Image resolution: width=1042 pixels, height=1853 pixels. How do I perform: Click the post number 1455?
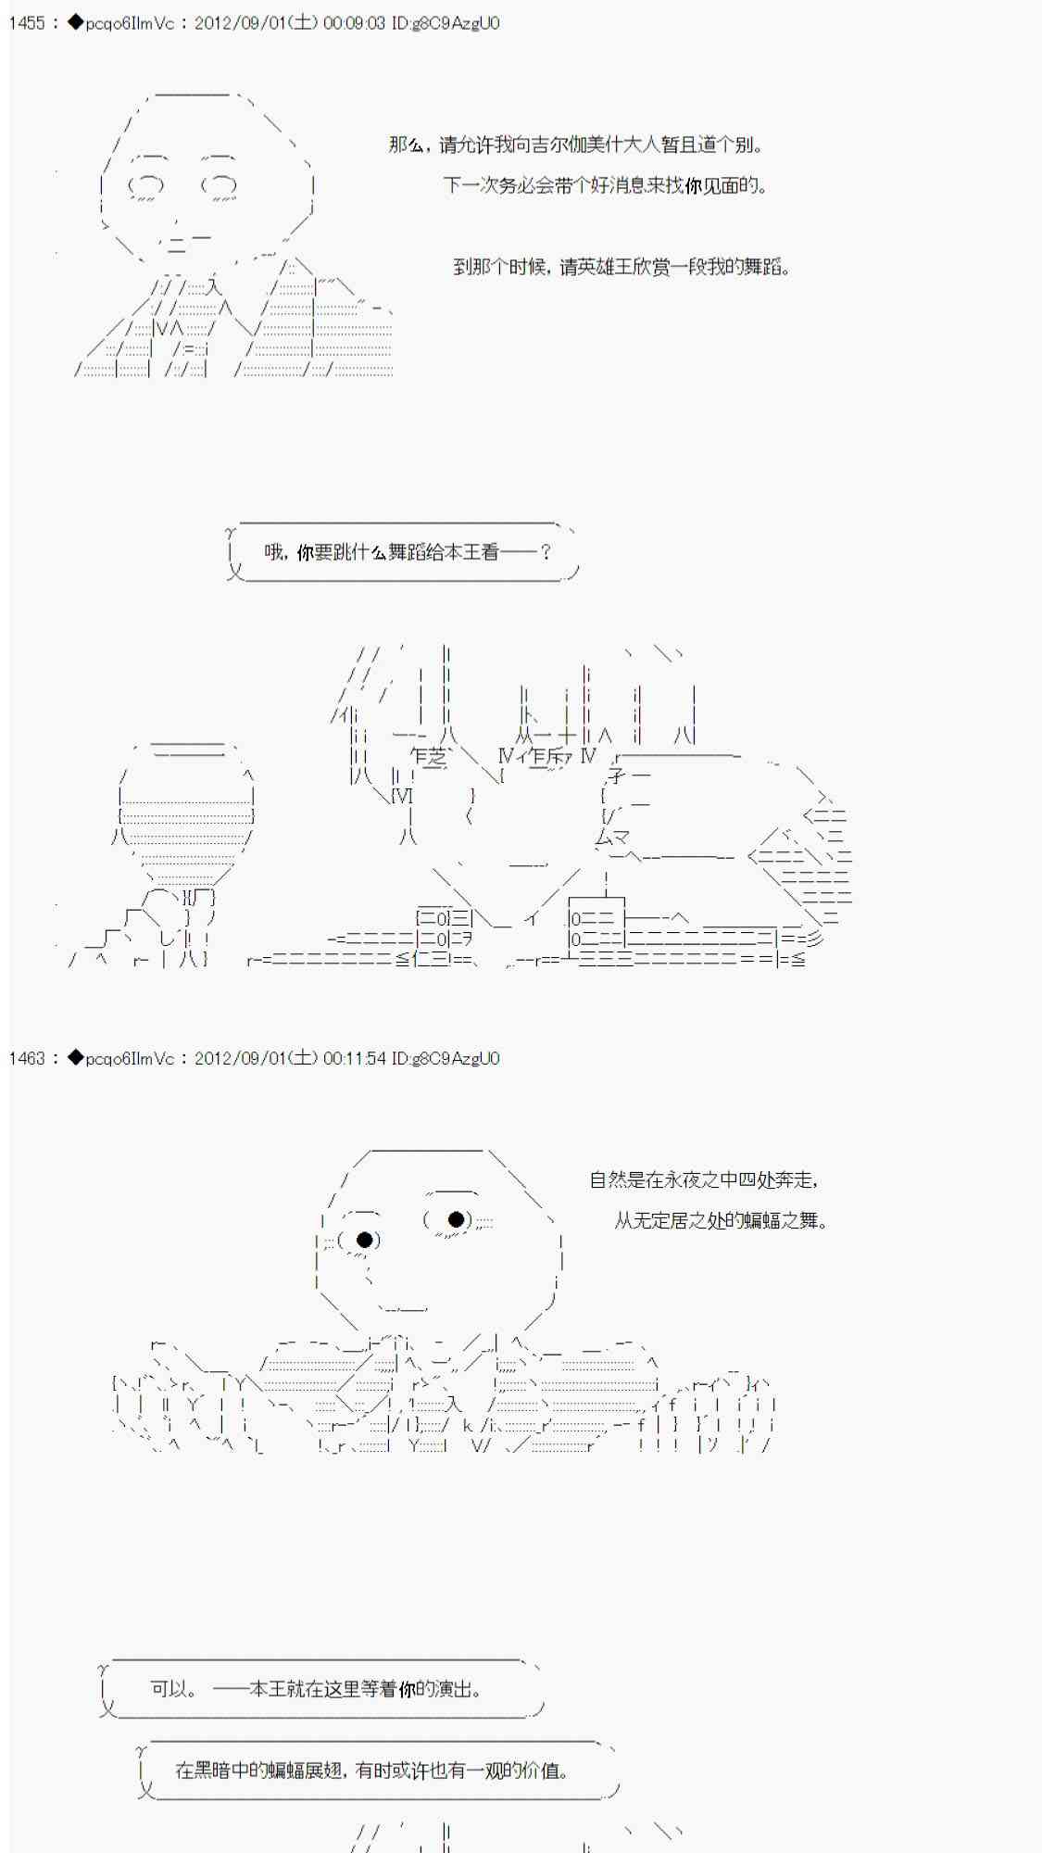(27, 23)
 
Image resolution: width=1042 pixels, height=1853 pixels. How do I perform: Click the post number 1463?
(27, 1058)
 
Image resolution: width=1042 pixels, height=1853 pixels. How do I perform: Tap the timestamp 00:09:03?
(354, 23)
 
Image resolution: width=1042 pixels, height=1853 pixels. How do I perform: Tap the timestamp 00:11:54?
(354, 1058)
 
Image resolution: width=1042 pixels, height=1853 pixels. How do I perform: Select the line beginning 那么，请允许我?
(576, 145)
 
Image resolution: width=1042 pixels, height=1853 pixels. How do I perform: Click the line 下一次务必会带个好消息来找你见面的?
(605, 185)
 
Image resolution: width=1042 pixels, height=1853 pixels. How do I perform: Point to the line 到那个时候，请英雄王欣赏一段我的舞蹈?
(621, 267)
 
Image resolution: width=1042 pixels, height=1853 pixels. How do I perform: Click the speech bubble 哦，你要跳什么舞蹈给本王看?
(403, 552)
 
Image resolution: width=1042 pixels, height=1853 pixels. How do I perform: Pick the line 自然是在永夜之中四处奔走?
(704, 1179)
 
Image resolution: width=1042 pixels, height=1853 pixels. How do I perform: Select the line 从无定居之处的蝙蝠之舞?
(721, 1220)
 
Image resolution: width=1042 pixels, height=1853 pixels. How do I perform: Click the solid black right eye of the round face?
(365, 1240)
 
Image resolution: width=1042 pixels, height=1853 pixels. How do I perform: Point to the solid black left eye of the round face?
(456, 1219)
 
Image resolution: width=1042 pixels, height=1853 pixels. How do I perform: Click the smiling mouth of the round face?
(403, 1307)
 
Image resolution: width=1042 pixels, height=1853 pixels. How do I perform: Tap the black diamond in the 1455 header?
(75, 23)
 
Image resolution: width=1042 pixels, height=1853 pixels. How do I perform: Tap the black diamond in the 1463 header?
(75, 1058)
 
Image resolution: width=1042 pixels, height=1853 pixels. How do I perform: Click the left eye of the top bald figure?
(219, 185)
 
